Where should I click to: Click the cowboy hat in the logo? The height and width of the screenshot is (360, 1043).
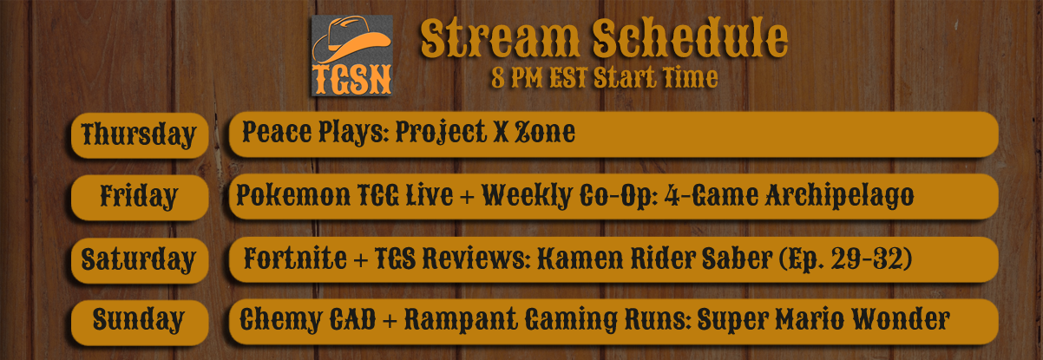(x=351, y=40)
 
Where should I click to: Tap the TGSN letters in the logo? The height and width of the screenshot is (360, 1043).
(x=352, y=80)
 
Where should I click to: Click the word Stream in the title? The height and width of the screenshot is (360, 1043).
(x=500, y=38)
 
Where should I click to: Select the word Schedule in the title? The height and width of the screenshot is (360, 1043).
(x=690, y=37)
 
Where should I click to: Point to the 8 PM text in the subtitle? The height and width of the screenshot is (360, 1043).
(x=518, y=78)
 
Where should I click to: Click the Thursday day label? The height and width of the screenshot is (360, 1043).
(x=139, y=135)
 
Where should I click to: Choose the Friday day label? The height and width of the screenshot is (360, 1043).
(x=139, y=196)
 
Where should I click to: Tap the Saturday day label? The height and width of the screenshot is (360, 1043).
(x=139, y=259)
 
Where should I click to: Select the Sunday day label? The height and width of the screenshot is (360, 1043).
(x=139, y=320)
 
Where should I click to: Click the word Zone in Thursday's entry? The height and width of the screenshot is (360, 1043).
(x=545, y=132)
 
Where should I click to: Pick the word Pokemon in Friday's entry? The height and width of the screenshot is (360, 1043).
(x=293, y=195)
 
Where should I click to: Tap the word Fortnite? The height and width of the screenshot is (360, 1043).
(x=295, y=259)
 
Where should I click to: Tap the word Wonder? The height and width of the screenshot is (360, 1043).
(x=901, y=319)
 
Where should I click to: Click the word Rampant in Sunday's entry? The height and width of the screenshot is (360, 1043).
(x=461, y=320)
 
